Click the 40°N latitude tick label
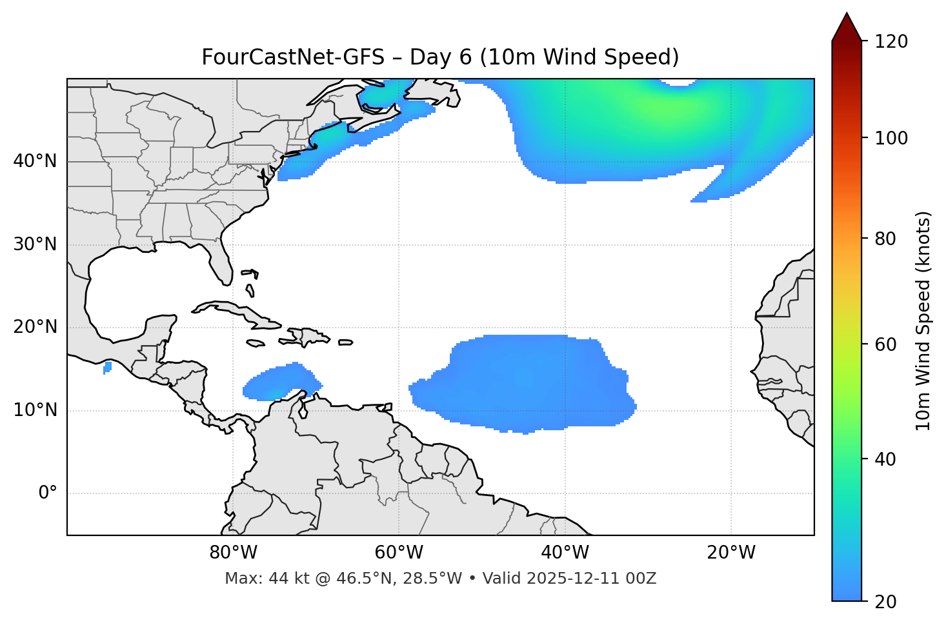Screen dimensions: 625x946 click(35, 161)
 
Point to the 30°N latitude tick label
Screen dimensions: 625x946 click(35, 244)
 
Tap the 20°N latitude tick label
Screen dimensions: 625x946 click(35, 328)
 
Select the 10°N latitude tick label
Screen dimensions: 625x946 click(35, 410)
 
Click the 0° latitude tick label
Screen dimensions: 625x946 click(48, 493)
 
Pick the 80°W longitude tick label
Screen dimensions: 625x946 click(233, 553)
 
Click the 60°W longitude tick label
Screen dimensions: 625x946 click(399, 553)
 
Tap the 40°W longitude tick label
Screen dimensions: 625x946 click(565, 553)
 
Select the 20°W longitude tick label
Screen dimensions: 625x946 click(731, 553)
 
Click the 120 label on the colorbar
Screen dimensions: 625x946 click(891, 42)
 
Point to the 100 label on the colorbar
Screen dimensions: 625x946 click(891, 138)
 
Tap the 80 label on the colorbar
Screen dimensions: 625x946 click(885, 239)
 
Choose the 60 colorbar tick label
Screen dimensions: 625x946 click(885, 344)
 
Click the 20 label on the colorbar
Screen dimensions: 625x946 click(885, 602)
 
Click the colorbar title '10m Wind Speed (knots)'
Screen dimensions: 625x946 click(923, 321)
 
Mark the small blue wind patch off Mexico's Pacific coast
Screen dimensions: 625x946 click(107, 368)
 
